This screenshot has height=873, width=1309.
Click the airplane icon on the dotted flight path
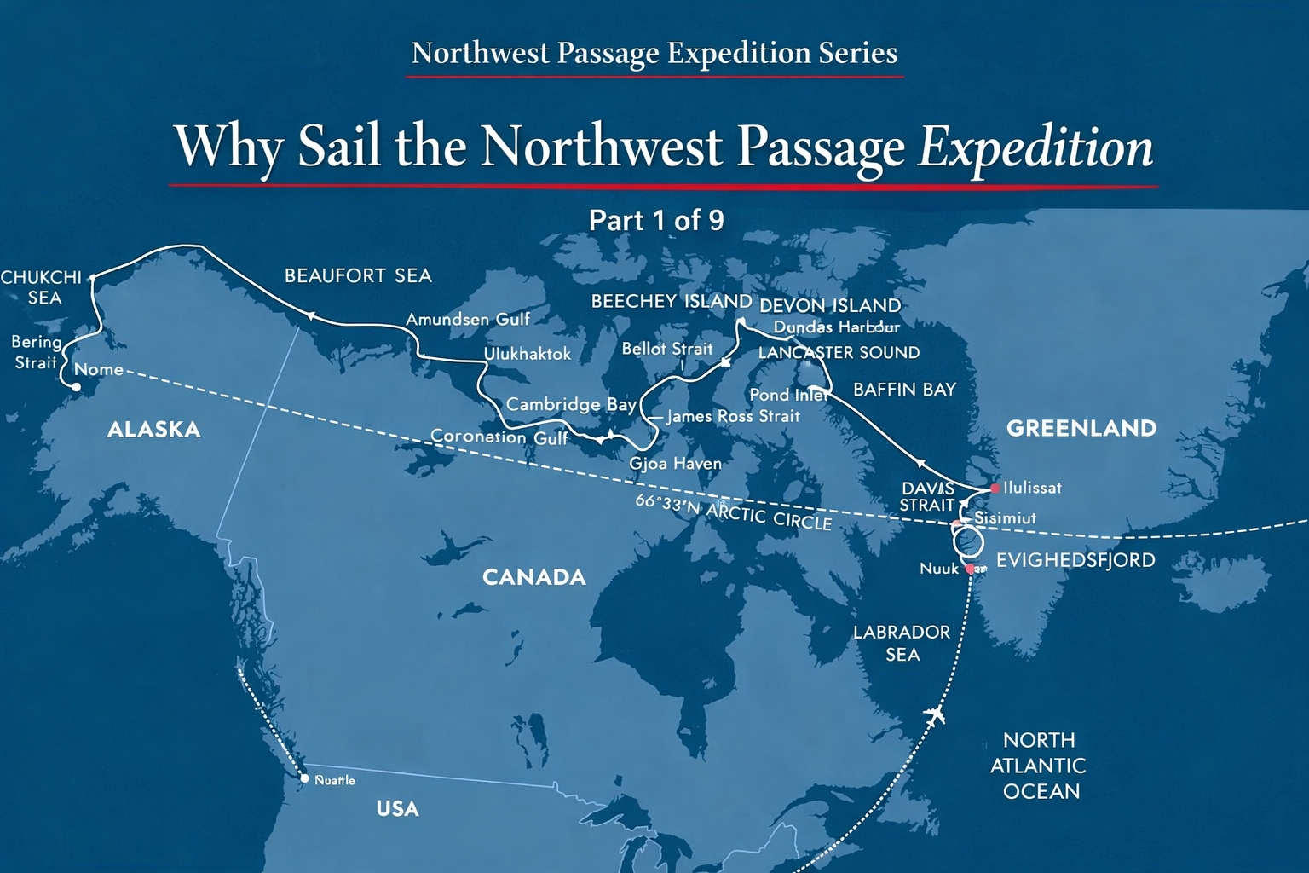935,714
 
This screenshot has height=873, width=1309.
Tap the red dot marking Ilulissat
995,489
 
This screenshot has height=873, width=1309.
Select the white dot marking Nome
76,387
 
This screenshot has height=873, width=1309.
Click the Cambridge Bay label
570,404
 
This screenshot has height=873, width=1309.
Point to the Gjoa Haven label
675,464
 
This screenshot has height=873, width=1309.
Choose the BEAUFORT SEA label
358,275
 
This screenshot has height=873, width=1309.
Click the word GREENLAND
1081,428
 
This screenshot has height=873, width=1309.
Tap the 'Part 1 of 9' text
656,221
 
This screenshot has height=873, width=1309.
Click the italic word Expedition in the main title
1035,147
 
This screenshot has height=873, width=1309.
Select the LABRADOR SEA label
902,643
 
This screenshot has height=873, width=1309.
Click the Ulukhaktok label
528,354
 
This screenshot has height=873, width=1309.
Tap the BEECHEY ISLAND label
672,301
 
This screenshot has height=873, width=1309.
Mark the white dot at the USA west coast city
304,778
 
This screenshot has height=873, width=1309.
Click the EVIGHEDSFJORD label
1075,560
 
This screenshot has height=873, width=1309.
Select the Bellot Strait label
666,349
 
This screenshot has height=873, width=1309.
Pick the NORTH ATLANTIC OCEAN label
1038,766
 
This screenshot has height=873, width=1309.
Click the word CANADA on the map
534,577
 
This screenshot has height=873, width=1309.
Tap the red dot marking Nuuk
970,569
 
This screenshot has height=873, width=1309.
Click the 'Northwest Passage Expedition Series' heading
654,53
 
